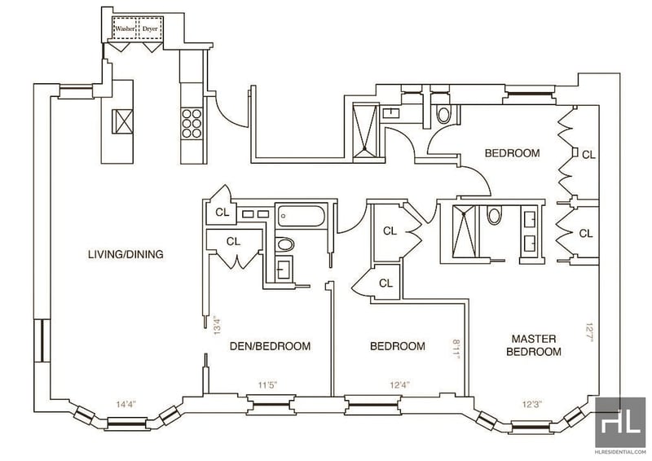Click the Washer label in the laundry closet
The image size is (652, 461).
coord(126,29)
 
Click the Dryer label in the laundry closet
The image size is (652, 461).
coord(150,29)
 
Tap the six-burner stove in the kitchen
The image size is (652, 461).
coord(192,123)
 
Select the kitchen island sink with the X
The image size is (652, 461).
coord(123,121)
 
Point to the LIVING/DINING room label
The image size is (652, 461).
coord(126,254)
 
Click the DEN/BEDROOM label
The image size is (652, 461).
coord(271,346)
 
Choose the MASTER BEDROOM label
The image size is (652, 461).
coord(534,345)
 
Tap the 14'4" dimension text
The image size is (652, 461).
coord(126,403)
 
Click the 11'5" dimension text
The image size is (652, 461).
coord(267,385)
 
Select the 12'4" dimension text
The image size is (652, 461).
coord(399,385)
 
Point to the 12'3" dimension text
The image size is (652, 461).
coord(532,403)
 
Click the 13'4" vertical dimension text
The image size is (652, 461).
coord(216,326)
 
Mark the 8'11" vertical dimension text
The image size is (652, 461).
coord(456,349)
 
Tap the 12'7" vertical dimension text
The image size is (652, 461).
coord(588,332)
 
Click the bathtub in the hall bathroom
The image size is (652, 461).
coord(301,216)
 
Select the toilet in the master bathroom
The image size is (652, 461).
coord(494,216)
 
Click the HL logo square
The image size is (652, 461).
coord(620,422)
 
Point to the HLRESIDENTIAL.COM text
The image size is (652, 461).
coord(620,452)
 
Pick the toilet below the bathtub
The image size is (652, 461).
coord(284,244)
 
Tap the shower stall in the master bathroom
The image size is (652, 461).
coord(464,231)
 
